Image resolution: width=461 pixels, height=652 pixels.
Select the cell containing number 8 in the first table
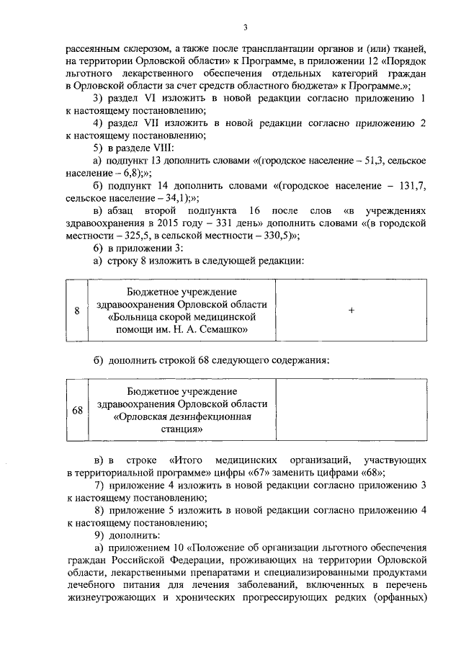tap(77, 311)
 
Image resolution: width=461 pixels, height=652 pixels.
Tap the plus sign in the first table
tap(351, 311)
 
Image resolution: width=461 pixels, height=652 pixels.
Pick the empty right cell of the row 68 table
tap(351, 410)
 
